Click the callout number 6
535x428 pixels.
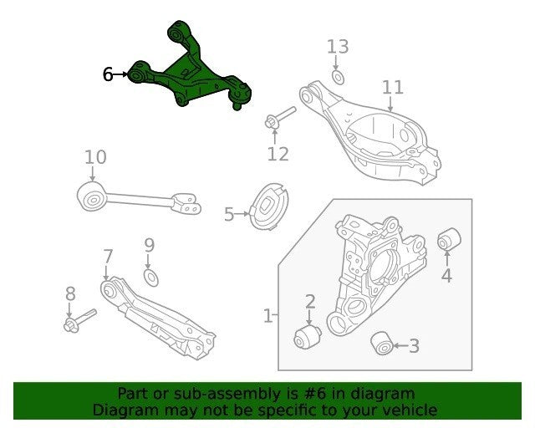click(x=108, y=74)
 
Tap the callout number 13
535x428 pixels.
click(x=338, y=47)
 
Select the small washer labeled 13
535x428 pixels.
click(x=338, y=77)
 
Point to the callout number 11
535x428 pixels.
click(x=393, y=88)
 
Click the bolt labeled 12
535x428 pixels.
click(x=280, y=118)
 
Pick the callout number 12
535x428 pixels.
click(x=278, y=154)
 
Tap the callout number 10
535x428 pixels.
click(x=95, y=157)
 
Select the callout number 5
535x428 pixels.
click(x=229, y=214)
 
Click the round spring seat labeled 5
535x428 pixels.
click(x=269, y=206)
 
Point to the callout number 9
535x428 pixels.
click(x=150, y=245)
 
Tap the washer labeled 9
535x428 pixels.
click(x=151, y=278)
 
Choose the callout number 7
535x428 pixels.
click(x=108, y=257)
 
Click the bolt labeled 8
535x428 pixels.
click(x=80, y=321)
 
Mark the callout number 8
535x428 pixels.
click(x=70, y=293)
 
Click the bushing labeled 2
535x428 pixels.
click(x=307, y=338)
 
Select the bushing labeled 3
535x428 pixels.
click(x=382, y=344)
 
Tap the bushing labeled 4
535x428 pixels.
click(x=450, y=239)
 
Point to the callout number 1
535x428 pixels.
click(x=268, y=316)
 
